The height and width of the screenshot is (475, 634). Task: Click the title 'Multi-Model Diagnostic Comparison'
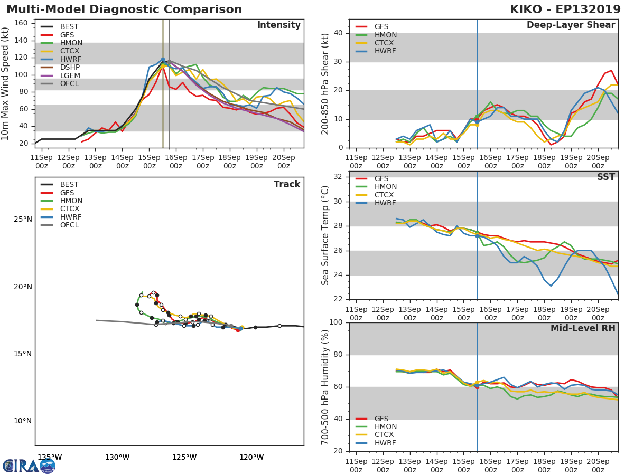(124, 9)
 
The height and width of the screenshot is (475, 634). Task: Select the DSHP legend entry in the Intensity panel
(70, 68)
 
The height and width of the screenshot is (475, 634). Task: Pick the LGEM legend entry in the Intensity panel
(70, 75)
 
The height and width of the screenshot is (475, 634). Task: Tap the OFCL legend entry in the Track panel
(69, 225)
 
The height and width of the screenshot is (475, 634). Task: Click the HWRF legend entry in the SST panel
(385, 203)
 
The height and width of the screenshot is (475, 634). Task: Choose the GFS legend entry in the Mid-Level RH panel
(381, 419)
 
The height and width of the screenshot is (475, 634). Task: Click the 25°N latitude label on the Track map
(23, 220)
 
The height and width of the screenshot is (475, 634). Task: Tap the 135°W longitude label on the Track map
(50, 457)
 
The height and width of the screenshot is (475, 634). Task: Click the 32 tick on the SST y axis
(338, 177)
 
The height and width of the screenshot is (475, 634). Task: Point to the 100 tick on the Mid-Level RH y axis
(335, 322)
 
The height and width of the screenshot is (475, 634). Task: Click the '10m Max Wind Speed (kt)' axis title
(6, 83)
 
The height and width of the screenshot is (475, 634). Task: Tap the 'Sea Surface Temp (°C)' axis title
(326, 235)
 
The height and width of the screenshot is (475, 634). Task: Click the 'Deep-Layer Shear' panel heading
(571, 25)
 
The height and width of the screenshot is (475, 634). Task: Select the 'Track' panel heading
(287, 184)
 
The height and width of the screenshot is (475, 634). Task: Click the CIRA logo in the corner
(29, 465)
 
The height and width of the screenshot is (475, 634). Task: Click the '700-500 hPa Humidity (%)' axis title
(326, 387)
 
